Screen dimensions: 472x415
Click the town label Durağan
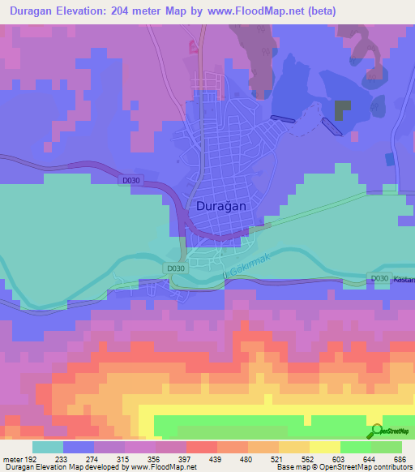[x=221, y=207]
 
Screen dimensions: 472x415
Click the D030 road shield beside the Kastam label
[x=379, y=278]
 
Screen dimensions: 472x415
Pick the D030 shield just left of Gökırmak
[x=174, y=268]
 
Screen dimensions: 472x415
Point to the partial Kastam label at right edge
[x=404, y=280]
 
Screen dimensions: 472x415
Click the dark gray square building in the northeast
[x=344, y=110]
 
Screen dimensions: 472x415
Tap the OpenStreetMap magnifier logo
[x=375, y=431]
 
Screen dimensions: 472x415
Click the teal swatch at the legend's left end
[x=48, y=447]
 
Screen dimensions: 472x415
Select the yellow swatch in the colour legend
[x=324, y=447]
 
